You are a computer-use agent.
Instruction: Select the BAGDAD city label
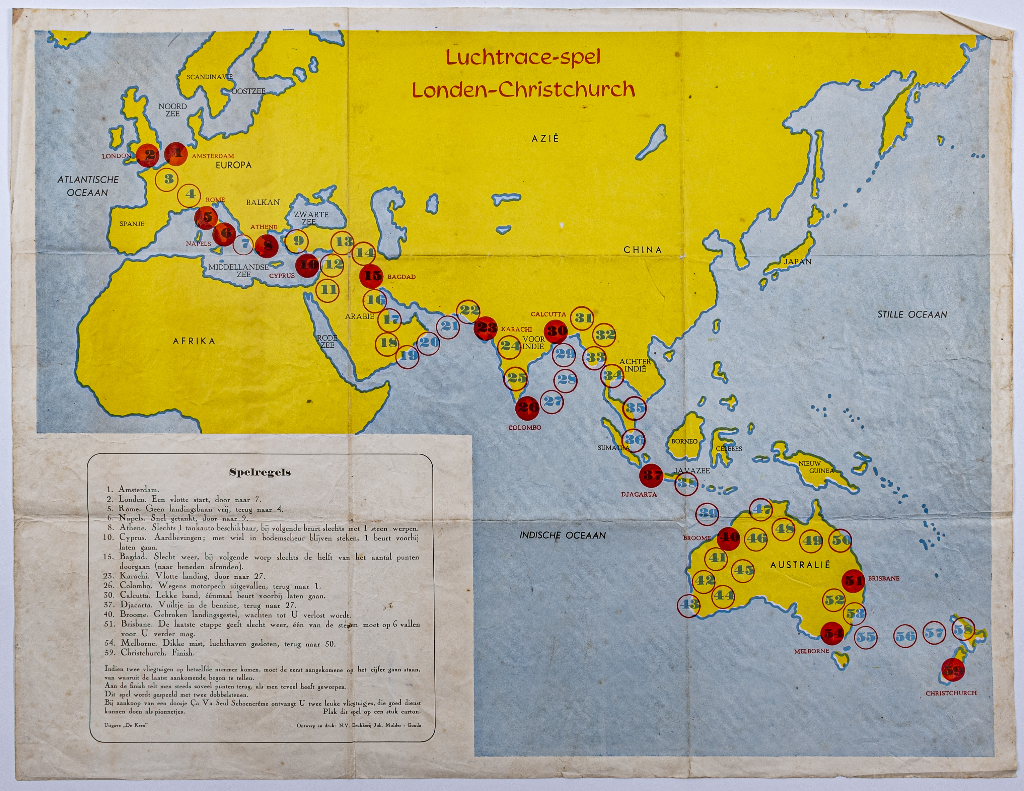coord(401,277)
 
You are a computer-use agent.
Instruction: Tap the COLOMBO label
coord(525,428)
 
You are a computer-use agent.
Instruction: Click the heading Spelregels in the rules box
coord(260,472)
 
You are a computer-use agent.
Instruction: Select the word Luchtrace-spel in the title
coord(523,58)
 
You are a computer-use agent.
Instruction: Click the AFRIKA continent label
coord(194,341)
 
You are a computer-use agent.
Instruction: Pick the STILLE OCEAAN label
coord(912,314)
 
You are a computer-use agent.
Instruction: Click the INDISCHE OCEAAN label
coord(562,535)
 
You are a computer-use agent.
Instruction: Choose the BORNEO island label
coord(684,441)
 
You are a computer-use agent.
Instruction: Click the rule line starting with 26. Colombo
coord(220,586)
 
